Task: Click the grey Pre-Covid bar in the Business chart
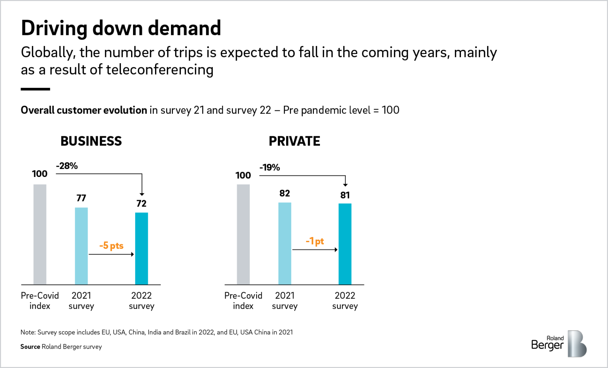click(x=40, y=234)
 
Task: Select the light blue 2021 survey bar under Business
click(x=81, y=245)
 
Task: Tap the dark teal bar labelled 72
click(x=141, y=248)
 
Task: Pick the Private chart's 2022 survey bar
click(x=345, y=244)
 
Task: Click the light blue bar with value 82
click(x=285, y=243)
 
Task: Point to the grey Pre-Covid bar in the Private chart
click(x=243, y=234)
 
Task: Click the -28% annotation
click(x=67, y=166)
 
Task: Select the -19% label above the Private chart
click(x=270, y=167)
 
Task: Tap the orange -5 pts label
click(x=111, y=245)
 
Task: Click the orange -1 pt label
click(x=315, y=241)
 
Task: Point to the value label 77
click(x=81, y=198)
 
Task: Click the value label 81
click(x=345, y=195)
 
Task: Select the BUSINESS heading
click(x=91, y=141)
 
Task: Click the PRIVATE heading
click(x=294, y=141)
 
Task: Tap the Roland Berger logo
click(x=559, y=343)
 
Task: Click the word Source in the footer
click(x=30, y=347)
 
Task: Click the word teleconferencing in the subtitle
click(x=160, y=70)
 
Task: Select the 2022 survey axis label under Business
click(x=141, y=301)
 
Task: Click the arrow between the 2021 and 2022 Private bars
click(x=315, y=250)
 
